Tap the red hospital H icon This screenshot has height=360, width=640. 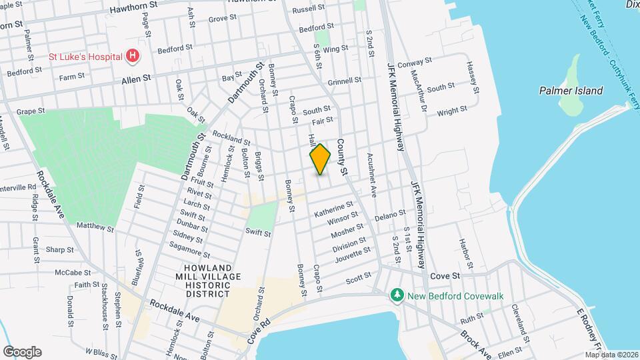(133, 56)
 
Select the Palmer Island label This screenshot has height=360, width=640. (571, 91)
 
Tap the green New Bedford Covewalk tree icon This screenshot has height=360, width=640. (397, 294)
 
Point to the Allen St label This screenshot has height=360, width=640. (136, 78)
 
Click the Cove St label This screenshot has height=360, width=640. (445, 275)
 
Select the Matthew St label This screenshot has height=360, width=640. (95, 227)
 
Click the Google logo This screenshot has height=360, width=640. (22, 351)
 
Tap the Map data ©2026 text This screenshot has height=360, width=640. (611, 355)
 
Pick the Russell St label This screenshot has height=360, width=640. (308, 9)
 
